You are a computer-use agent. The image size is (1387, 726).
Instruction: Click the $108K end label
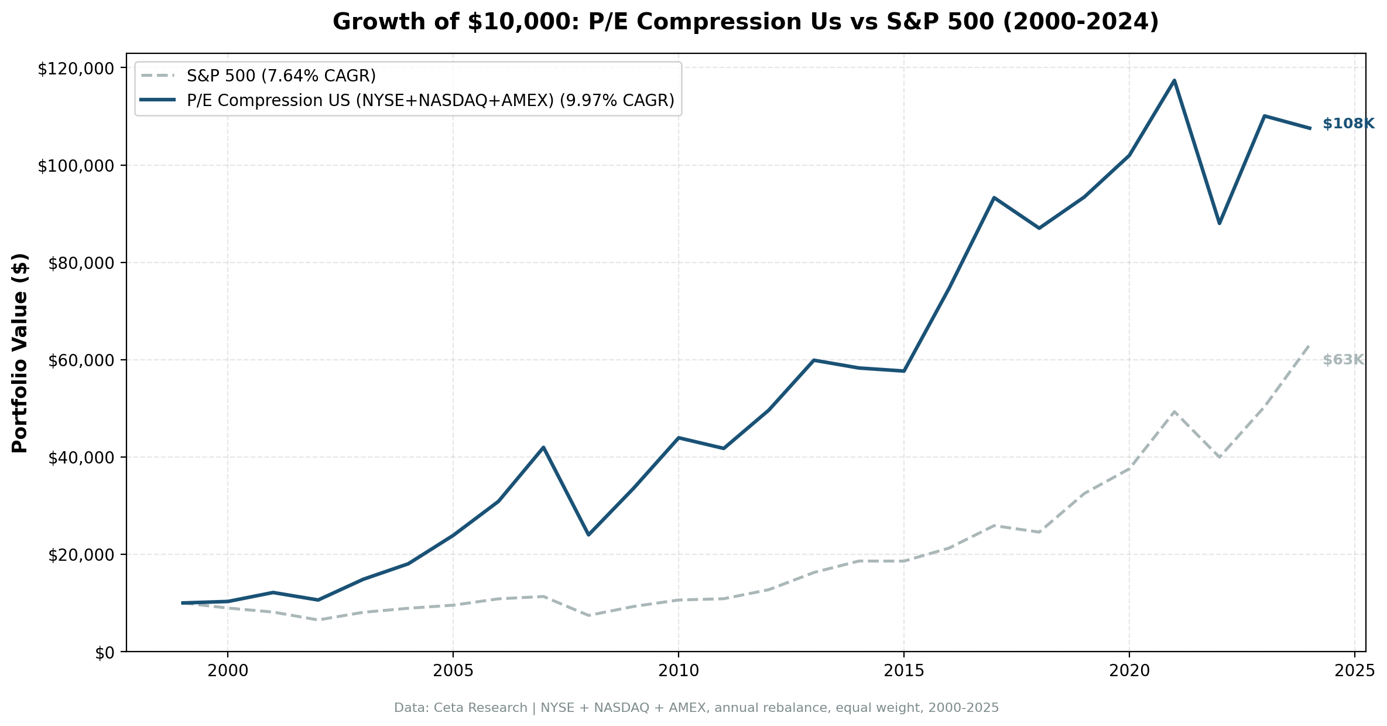(x=1348, y=124)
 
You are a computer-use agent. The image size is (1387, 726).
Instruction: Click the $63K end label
(x=1343, y=360)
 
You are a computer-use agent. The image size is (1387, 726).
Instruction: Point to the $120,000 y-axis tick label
(x=75, y=69)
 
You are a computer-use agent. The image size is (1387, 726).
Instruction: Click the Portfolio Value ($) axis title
(x=20, y=353)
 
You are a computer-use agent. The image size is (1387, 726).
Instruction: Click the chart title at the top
(x=745, y=22)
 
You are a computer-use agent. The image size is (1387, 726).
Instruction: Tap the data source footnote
(x=696, y=708)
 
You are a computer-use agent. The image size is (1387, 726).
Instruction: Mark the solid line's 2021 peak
(x=1174, y=81)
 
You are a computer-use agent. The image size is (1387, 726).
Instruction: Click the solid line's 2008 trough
(x=588, y=534)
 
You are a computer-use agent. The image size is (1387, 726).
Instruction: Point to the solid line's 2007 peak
(x=543, y=448)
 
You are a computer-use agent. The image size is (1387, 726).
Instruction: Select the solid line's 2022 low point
(x=1219, y=223)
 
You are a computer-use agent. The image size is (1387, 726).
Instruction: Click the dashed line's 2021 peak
(x=1174, y=411)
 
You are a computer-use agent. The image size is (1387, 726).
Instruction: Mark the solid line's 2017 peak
(x=994, y=198)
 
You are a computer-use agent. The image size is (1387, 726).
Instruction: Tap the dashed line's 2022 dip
(x=1219, y=456)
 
